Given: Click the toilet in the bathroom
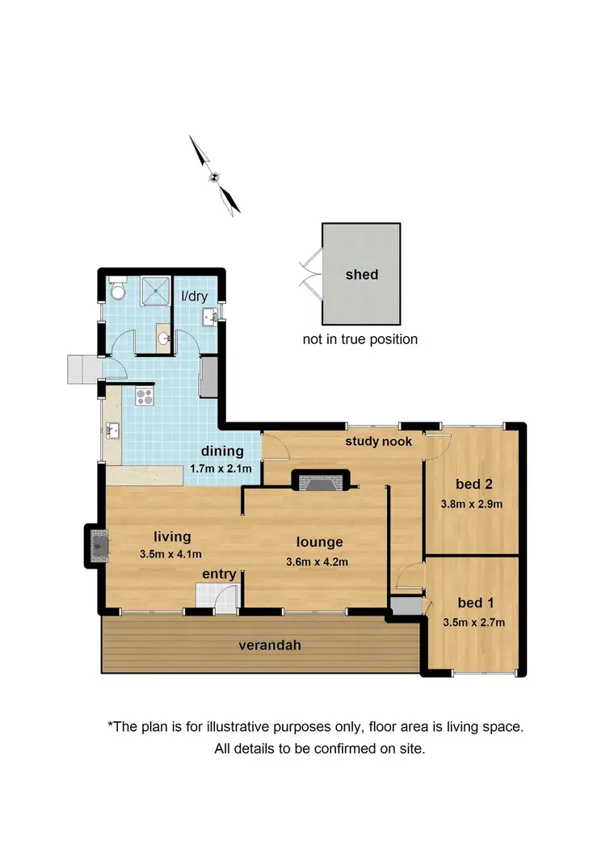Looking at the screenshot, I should click(x=117, y=289).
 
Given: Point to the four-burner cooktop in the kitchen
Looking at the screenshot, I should click(x=145, y=397).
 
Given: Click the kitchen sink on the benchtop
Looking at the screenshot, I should click(x=112, y=430).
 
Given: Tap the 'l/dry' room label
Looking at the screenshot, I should click(x=194, y=296).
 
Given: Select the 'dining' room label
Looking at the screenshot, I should click(x=222, y=452).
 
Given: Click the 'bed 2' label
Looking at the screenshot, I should click(x=473, y=485).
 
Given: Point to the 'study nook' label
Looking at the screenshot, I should click(x=379, y=441).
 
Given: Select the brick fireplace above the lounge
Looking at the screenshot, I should click(x=320, y=482).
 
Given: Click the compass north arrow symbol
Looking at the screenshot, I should click(x=214, y=176).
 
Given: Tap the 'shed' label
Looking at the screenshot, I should click(x=360, y=274).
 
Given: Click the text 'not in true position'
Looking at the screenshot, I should click(x=360, y=339).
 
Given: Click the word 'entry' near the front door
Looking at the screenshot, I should click(x=219, y=574).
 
